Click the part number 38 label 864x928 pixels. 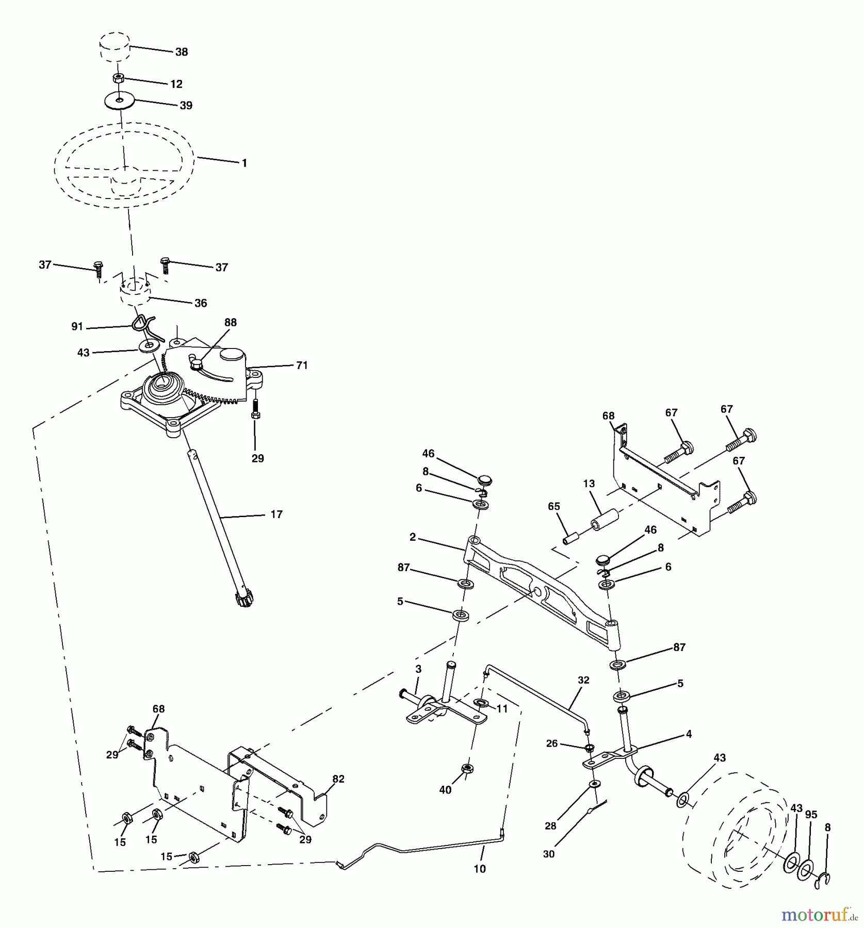(x=182, y=52)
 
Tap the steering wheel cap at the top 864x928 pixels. (x=114, y=47)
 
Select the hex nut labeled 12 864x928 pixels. (x=118, y=78)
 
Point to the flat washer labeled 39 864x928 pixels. (x=120, y=100)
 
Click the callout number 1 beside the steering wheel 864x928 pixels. (x=244, y=163)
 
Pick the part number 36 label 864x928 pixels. (x=201, y=303)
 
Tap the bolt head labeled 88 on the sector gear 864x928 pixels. (x=196, y=364)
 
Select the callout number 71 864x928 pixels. (x=302, y=365)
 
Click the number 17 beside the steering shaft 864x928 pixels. (x=276, y=514)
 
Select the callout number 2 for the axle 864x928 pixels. (x=413, y=537)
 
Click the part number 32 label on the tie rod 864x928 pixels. (x=583, y=680)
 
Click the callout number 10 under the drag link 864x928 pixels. (x=480, y=869)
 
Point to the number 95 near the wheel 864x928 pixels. (x=811, y=815)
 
